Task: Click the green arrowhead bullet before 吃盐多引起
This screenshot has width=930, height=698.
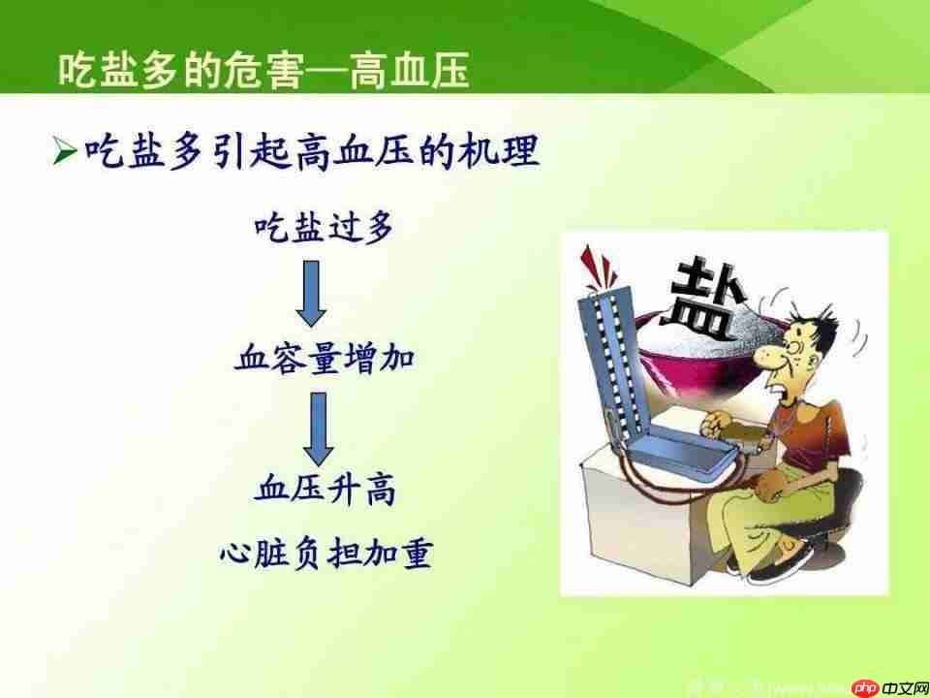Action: point(64,151)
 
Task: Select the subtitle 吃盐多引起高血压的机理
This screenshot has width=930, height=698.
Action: point(310,151)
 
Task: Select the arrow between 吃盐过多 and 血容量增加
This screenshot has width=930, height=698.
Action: point(310,295)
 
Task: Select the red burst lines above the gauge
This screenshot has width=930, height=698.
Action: point(597,263)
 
